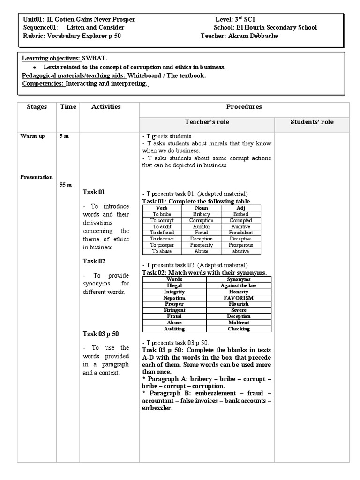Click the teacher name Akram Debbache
pyautogui.click(x=256, y=36)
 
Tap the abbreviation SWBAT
pyautogui.click(x=95, y=59)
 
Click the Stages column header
pyautogui.click(x=37, y=107)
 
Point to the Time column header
pyautogui.click(x=68, y=107)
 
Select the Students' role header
pyautogui.click(x=312, y=122)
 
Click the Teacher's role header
pyautogui.click(x=207, y=122)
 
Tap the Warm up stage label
pyautogui.click(x=32, y=136)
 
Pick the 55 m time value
pyautogui.click(x=66, y=185)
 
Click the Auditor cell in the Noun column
pyautogui.click(x=201, y=226)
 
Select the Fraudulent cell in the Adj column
pyautogui.click(x=241, y=232)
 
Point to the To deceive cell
pyautogui.click(x=162, y=239)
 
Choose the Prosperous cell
pyautogui.click(x=241, y=245)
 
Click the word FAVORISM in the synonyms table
pyautogui.click(x=239, y=298)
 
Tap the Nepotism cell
pyautogui.click(x=174, y=298)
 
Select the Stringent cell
pyautogui.click(x=174, y=310)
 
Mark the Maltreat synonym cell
pyautogui.click(x=239, y=322)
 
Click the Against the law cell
pyautogui.click(x=239, y=285)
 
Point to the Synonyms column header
pyautogui.click(x=239, y=279)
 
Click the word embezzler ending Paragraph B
pyautogui.click(x=157, y=408)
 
